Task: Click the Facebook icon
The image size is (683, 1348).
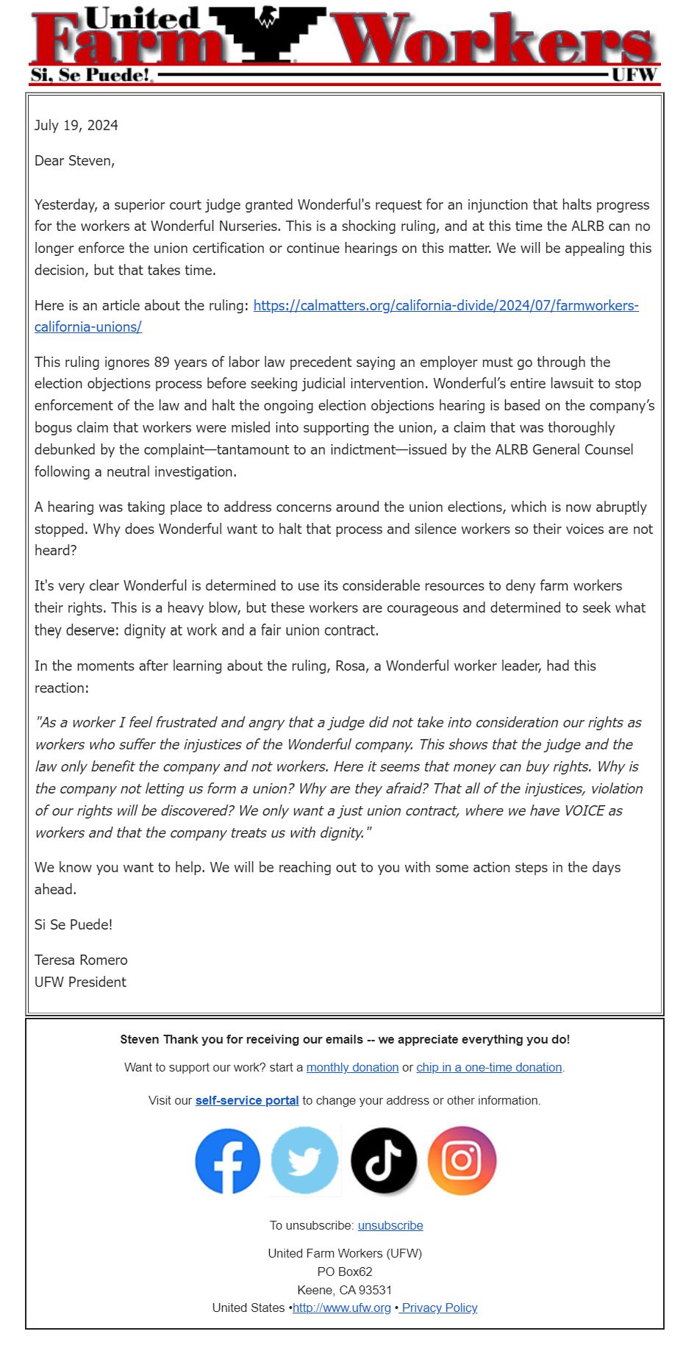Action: (227, 1161)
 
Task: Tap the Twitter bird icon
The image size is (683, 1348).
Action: (304, 1161)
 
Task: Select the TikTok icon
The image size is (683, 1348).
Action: (383, 1161)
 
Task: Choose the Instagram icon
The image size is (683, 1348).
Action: (462, 1161)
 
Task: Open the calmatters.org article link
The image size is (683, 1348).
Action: (446, 305)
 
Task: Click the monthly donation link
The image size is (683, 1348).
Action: (352, 1067)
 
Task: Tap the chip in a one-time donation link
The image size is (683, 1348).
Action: (489, 1067)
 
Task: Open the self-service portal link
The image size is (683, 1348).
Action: (247, 1100)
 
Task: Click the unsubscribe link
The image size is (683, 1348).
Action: (390, 1225)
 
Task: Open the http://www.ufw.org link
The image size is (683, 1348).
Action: (342, 1308)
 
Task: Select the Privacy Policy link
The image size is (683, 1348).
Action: (440, 1308)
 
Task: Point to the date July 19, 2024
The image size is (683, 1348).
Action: (76, 125)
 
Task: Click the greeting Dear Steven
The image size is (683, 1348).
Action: (74, 160)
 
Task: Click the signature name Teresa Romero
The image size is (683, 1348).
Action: (81, 960)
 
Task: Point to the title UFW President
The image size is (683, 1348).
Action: (80, 982)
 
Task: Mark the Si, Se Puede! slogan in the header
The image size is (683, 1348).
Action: (90, 74)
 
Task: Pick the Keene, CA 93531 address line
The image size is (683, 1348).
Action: (344, 1290)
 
